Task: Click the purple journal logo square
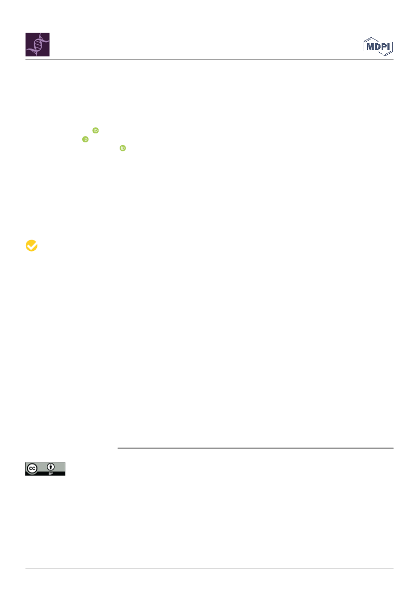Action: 37,44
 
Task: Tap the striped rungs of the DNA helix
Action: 38,45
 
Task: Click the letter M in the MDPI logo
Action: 370,47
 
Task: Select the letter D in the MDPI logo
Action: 377,47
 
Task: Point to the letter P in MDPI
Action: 384,47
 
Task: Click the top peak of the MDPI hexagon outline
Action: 372,37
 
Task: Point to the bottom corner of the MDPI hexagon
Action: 385,55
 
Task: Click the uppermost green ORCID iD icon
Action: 95,130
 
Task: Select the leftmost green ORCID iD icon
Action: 85,140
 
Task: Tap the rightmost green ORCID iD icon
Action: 122,148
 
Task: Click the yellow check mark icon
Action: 32,245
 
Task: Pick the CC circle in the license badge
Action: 32,469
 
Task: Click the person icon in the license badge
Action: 51,468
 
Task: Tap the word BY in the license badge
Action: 51,473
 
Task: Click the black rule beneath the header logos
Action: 209,60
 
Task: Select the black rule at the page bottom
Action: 209,568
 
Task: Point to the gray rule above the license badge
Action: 256,448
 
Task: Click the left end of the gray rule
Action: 118,448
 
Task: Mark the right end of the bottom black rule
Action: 393,568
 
